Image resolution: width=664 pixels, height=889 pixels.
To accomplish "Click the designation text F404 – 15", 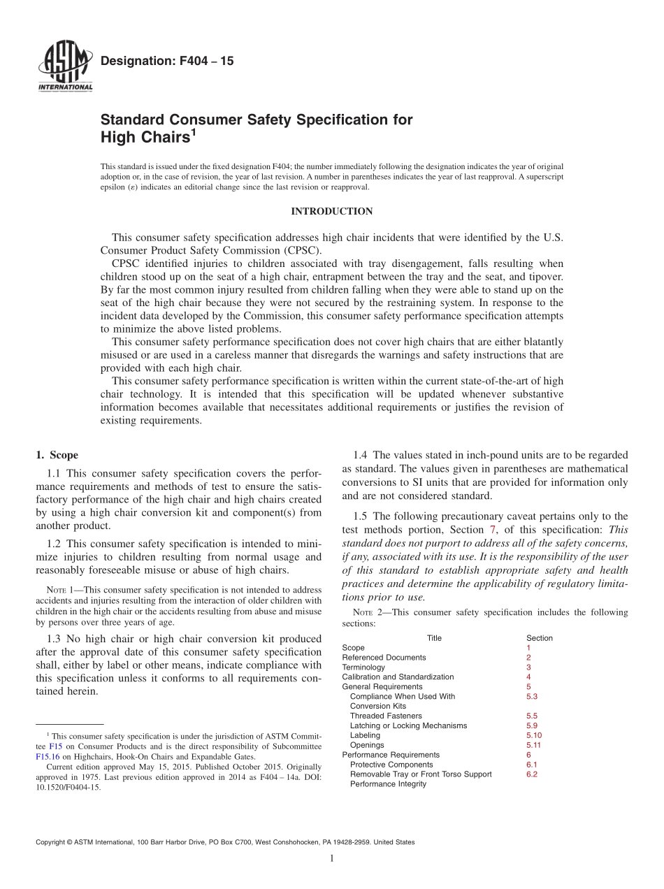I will click(167, 62).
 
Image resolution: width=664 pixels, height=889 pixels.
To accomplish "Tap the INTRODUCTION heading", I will click(331, 211).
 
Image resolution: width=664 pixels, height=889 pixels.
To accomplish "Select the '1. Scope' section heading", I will click(57, 455).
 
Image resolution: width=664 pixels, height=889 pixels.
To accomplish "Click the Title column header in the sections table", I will click(434, 638).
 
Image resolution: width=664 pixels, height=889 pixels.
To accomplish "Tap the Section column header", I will click(539, 638).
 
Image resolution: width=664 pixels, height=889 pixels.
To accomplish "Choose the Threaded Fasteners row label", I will click(386, 716).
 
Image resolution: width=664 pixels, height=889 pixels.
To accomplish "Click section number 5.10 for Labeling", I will click(533, 735).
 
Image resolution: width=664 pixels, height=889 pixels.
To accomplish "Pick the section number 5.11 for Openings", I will click(533, 745).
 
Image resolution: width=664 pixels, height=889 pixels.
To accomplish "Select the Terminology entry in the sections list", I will click(363, 667).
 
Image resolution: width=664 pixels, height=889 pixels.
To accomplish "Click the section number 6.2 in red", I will click(531, 774).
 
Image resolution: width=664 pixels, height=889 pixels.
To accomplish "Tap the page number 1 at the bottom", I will click(332, 859).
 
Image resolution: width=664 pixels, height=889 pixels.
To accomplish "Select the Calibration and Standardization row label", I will click(397, 677).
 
